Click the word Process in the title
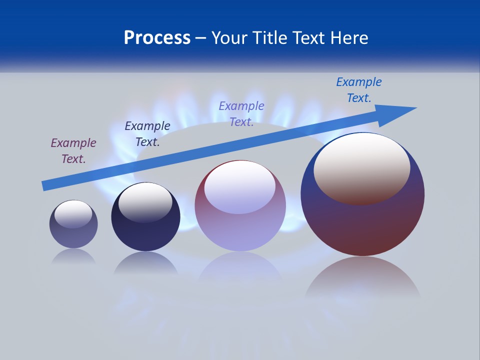157,38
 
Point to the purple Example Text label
73,151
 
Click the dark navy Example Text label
147,133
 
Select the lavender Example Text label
241,113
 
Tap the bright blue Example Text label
359,90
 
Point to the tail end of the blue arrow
45,185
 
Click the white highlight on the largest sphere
362,167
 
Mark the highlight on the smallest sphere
73,214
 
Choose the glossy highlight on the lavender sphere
240,186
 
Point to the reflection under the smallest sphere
73,256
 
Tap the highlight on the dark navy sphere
145,202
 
